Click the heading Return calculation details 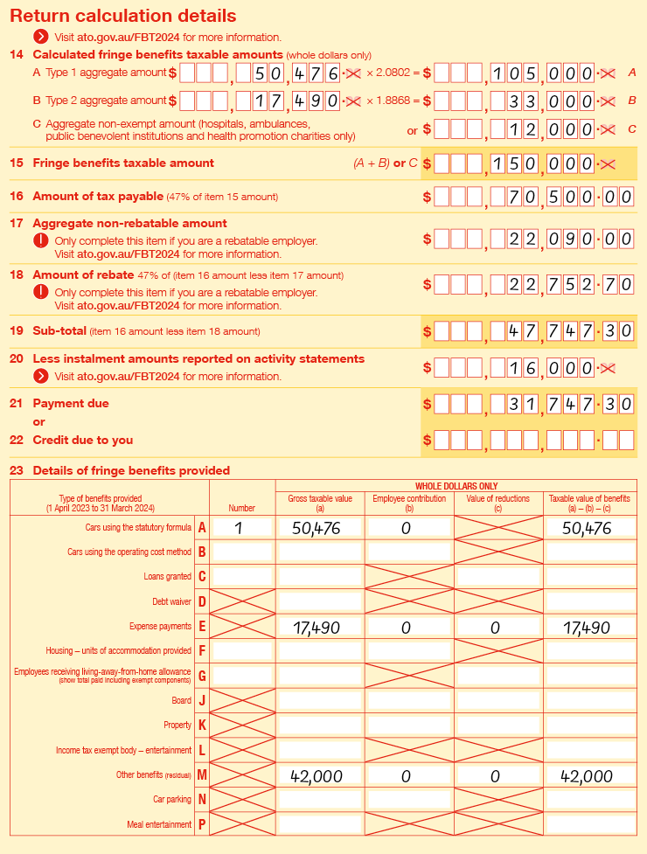pyautogui.click(x=123, y=16)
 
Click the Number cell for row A pyautogui.click(x=241, y=527)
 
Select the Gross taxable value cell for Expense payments pyautogui.click(x=319, y=628)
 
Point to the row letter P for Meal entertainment pyautogui.click(x=202, y=824)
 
